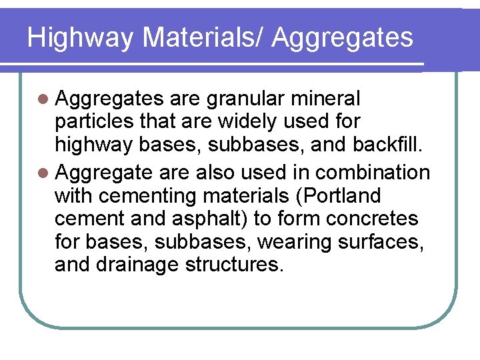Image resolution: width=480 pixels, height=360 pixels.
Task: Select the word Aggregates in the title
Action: tap(342, 37)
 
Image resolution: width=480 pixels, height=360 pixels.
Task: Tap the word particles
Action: tap(94, 122)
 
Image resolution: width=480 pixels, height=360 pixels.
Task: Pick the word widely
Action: tap(249, 122)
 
